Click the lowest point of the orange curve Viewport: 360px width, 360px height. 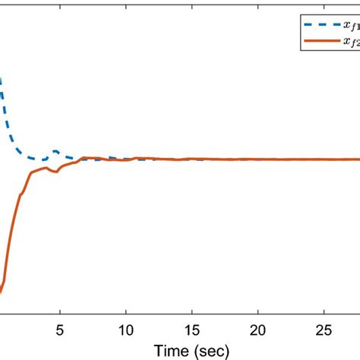pyautogui.click(x=1, y=292)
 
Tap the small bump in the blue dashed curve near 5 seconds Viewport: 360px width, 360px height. pyautogui.click(x=55, y=152)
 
